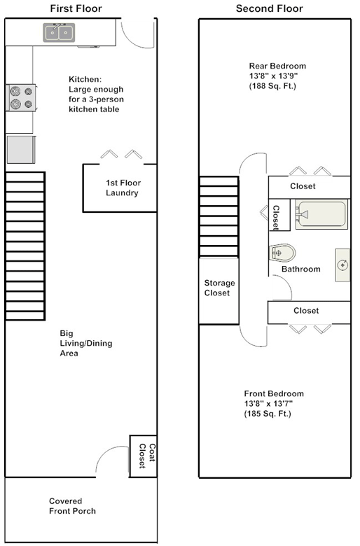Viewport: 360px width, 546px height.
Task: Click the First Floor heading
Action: tap(76, 8)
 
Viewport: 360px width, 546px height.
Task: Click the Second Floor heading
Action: tap(270, 8)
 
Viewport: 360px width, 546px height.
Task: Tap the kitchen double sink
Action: tap(59, 32)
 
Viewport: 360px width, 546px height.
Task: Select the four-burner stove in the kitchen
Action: tap(21, 98)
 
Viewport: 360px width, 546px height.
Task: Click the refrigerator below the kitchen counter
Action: tap(21, 149)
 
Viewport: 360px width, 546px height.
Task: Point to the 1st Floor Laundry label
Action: tap(123, 188)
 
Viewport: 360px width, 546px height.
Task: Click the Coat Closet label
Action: tap(146, 456)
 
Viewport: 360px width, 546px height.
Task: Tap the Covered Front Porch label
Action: tap(72, 506)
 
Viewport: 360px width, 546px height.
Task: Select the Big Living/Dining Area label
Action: tap(85, 343)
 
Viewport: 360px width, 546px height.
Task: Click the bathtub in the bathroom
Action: tap(321, 213)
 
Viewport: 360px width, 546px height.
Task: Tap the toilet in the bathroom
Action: tap(282, 253)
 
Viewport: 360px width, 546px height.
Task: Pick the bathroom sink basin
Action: tap(342, 265)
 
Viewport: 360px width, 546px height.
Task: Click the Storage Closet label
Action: tap(219, 288)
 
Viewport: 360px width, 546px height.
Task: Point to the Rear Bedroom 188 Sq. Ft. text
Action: tap(272, 86)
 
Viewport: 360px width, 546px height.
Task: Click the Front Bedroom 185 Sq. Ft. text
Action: tap(268, 414)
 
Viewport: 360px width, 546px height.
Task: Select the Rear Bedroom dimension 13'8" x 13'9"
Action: tap(273, 76)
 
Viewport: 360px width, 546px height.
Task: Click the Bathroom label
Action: tap(300, 269)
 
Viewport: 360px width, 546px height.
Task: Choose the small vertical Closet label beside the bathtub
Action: tap(276, 218)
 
